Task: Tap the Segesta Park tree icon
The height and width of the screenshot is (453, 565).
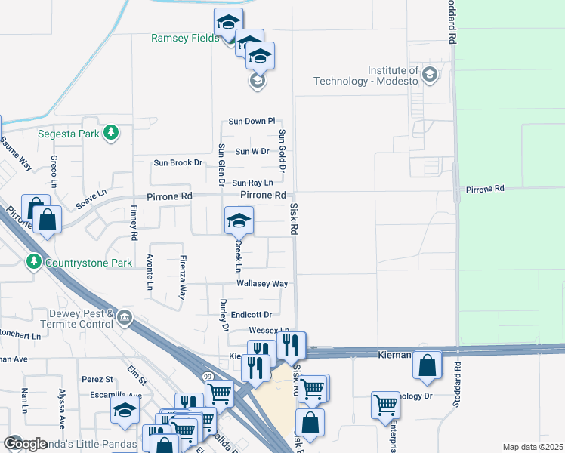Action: [x=111, y=133]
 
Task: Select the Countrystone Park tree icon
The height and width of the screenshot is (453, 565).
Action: [x=33, y=262]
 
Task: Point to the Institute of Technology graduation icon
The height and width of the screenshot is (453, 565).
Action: [x=430, y=74]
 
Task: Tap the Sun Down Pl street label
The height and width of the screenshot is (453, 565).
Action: [x=252, y=122]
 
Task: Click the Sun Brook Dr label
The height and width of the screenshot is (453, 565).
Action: [x=179, y=162]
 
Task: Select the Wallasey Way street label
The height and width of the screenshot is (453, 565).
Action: [x=262, y=284]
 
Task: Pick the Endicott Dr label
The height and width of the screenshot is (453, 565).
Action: [x=252, y=314]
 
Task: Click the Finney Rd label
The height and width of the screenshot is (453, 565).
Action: [x=134, y=224]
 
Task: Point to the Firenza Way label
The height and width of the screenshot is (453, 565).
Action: [x=182, y=278]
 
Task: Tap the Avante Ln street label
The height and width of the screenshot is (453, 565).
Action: [x=150, y=272]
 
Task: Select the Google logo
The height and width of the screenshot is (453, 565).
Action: [x=25, y=443]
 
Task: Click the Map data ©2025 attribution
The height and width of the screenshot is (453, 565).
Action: [x=533, y=447]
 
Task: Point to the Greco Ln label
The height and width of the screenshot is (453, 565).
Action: [x=54, y=171]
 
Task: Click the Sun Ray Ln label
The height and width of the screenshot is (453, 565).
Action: [x=252, y=183]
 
